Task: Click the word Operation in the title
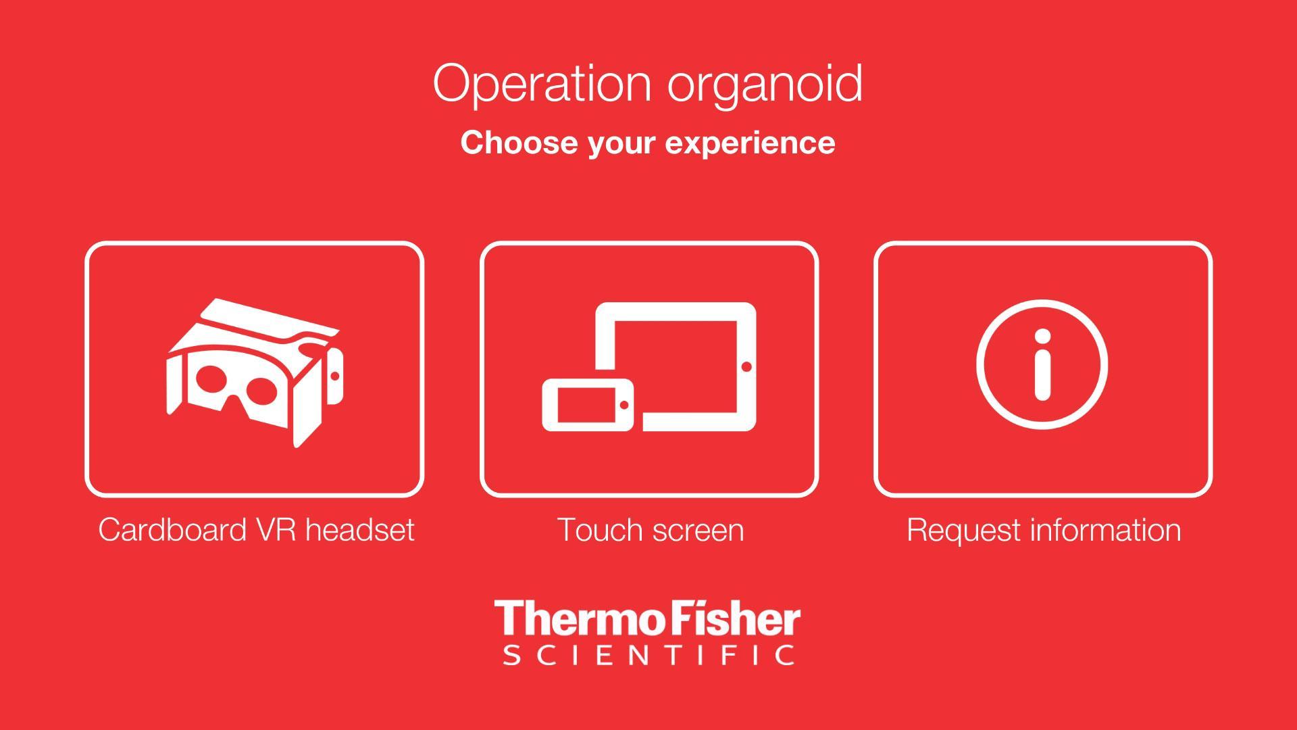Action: click(x=542, y=84)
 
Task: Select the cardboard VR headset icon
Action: click(x=254, y=372)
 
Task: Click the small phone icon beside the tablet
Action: click(x=588, y=405)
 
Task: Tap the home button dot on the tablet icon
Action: click(x=746, y=366)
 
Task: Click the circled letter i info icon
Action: click(x=1042, y=364)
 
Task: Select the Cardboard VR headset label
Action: click(x=256, y=529)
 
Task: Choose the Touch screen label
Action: click(x=651, y=530)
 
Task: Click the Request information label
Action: click(x=1044, y=530)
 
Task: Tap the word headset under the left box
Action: click(x=360, y=529)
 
